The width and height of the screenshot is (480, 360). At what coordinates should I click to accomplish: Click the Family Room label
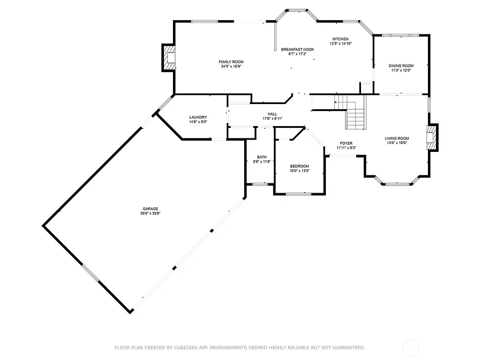point(231,62)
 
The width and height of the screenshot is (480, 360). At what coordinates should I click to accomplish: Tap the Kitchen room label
point(340,39)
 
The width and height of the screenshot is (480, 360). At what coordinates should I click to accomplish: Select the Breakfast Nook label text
point(297,49)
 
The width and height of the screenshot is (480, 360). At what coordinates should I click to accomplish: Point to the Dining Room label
point(401,66)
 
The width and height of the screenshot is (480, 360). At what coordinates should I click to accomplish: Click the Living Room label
point(397,138)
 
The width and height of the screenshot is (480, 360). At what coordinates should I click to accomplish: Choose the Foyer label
point(346,143)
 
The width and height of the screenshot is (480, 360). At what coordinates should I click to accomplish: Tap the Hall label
point(272,114)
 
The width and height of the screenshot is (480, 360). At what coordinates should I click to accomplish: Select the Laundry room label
point(198,117)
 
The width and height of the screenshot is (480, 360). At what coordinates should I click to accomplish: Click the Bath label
point(262,157)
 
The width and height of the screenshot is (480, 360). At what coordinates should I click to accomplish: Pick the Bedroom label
point(299,166)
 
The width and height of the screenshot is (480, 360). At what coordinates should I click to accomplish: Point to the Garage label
point(150,209)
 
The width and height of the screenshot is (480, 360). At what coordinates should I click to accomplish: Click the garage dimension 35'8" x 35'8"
point(150,213)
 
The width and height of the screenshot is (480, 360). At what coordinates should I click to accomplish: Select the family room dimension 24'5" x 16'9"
point(231,67)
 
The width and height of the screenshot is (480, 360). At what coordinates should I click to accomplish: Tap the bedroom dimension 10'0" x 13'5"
point(299,171)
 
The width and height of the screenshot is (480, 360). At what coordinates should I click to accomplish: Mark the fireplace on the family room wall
point(169,58)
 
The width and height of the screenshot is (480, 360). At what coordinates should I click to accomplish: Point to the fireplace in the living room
point(432,138)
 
